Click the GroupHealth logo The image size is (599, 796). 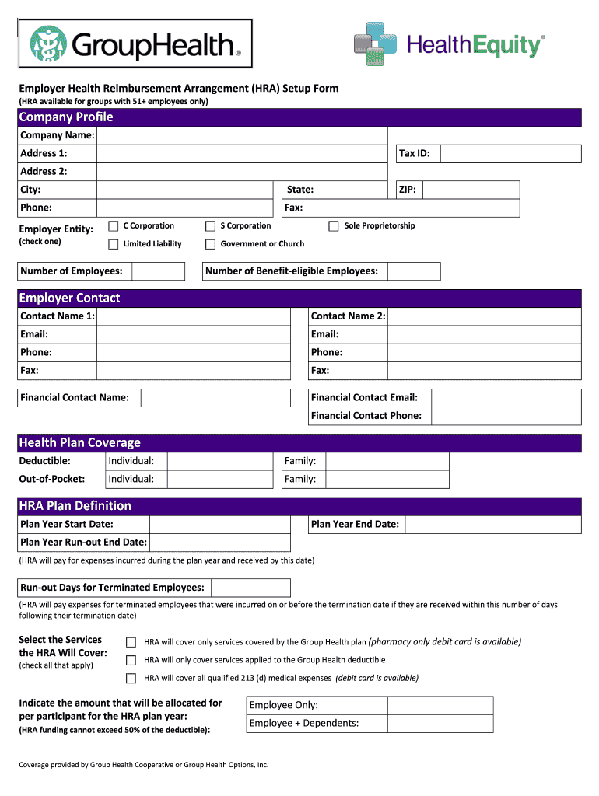135,45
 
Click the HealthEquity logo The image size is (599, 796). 450,44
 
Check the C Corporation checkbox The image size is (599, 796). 114,226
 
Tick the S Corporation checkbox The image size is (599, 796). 210,226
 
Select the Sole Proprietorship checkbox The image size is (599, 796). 334,226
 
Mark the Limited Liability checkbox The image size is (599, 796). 114,244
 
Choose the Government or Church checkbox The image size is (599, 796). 210,244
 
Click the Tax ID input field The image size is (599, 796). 510,154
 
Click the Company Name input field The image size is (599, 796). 241,136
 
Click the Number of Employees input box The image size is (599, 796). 158,271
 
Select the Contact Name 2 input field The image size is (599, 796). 483,316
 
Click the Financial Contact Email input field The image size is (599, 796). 506,397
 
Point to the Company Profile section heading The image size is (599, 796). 66,117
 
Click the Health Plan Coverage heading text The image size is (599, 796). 79,443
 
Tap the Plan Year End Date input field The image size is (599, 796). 493,525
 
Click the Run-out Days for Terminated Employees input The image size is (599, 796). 250,588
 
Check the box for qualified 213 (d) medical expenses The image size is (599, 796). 131,678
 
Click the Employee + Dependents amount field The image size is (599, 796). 440,723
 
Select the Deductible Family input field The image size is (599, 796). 387,461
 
